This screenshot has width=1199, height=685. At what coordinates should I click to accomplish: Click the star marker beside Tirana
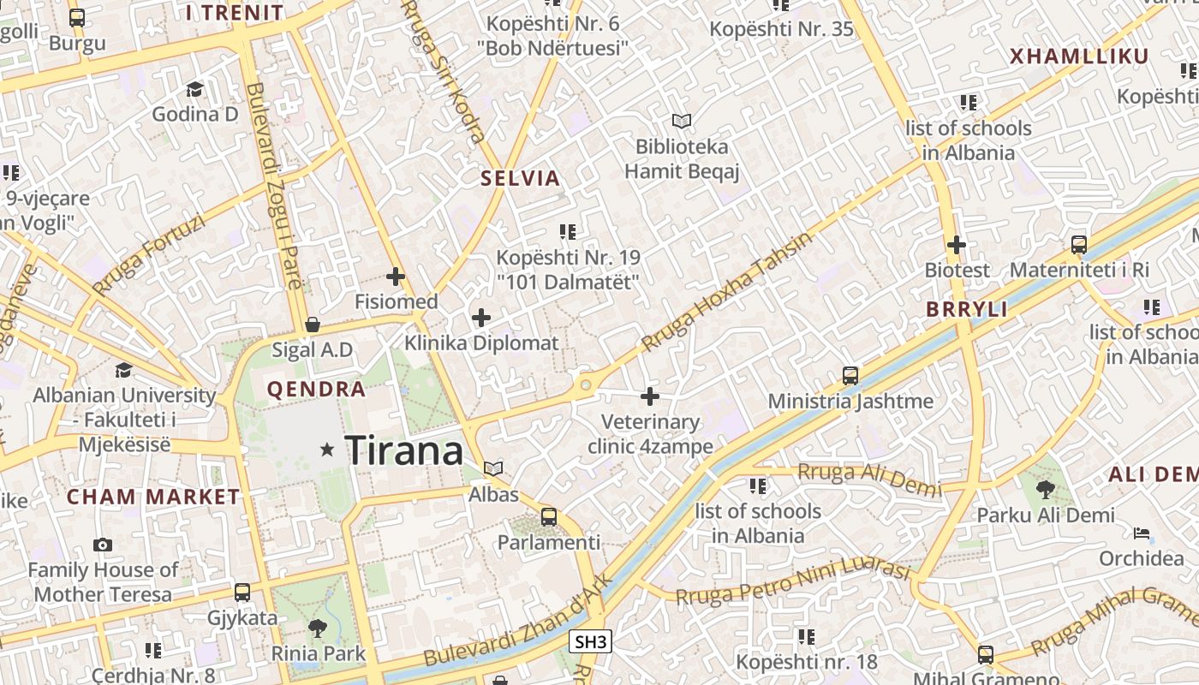[326, 450]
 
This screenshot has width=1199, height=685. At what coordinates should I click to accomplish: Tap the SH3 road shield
[591, 641]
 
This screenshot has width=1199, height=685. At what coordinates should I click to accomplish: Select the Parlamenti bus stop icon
[549, 517]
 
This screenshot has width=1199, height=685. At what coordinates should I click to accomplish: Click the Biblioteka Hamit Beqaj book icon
[681, 121]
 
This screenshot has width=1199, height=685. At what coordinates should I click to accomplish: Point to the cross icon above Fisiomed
[396, 277]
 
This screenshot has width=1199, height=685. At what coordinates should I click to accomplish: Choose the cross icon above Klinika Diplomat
[481, 319]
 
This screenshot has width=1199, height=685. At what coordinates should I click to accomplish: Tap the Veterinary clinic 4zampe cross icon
[650, 396]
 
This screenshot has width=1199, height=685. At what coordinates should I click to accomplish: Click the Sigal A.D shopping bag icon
[313, 325]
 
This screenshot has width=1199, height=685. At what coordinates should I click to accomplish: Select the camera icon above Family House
[103, 545]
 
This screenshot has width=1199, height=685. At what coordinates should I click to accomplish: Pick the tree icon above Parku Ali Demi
[1046, 490]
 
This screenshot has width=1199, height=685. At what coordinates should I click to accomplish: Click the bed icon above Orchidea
[1142, 533]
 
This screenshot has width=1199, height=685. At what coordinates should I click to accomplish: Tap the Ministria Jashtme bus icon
[850, 375]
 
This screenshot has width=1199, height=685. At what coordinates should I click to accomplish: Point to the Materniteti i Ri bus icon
[1079, 245]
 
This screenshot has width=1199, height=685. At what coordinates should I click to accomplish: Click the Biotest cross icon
[957, 245]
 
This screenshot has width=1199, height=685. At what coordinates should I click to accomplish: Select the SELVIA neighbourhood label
[520, 179]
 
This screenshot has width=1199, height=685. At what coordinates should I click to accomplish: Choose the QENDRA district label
[316, 390]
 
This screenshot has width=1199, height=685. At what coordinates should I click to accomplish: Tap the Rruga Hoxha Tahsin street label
[726, 291]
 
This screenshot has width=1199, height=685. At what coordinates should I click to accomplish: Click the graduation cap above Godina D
[194, 89]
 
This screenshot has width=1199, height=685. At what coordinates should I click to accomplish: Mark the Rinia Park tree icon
[318, 628]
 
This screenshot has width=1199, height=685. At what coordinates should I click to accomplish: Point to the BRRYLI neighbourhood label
[967, 310]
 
